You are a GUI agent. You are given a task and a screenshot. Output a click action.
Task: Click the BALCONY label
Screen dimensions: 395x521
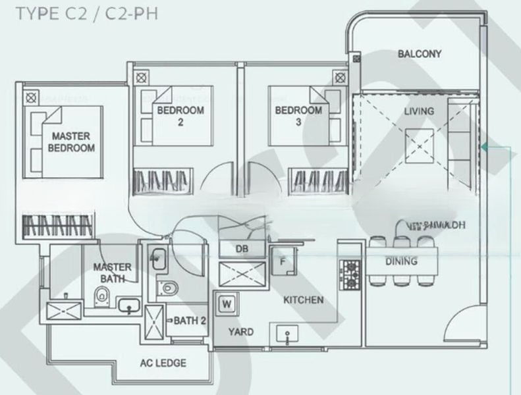point(419,54)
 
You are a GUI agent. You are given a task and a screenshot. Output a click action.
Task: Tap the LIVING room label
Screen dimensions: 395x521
point(419,111)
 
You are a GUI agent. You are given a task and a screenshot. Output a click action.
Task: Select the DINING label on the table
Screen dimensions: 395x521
point(402,261)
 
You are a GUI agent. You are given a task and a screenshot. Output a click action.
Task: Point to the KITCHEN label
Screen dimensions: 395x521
point(303,300)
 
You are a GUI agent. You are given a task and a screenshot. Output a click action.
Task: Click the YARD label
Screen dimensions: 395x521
point(240,332)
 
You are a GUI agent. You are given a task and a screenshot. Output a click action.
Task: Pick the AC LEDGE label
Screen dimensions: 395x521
point(163,363)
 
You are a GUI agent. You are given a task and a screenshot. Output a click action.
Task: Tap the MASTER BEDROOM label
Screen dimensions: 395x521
point(71,142)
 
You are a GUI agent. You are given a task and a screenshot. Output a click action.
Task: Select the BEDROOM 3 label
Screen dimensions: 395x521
point(298,116)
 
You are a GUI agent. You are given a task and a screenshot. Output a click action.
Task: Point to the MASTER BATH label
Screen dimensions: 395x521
point(111,274)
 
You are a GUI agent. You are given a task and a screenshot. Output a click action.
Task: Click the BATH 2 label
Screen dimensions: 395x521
point(190,321)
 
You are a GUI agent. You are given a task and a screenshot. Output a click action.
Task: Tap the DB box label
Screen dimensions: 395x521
point(242,248)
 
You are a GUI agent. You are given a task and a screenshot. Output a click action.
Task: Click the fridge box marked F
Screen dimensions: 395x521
point(283,261)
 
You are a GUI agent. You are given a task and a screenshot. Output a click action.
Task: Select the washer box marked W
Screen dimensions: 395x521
point(227,303)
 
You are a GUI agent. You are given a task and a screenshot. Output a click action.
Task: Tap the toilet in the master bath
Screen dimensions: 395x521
point(101,297)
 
